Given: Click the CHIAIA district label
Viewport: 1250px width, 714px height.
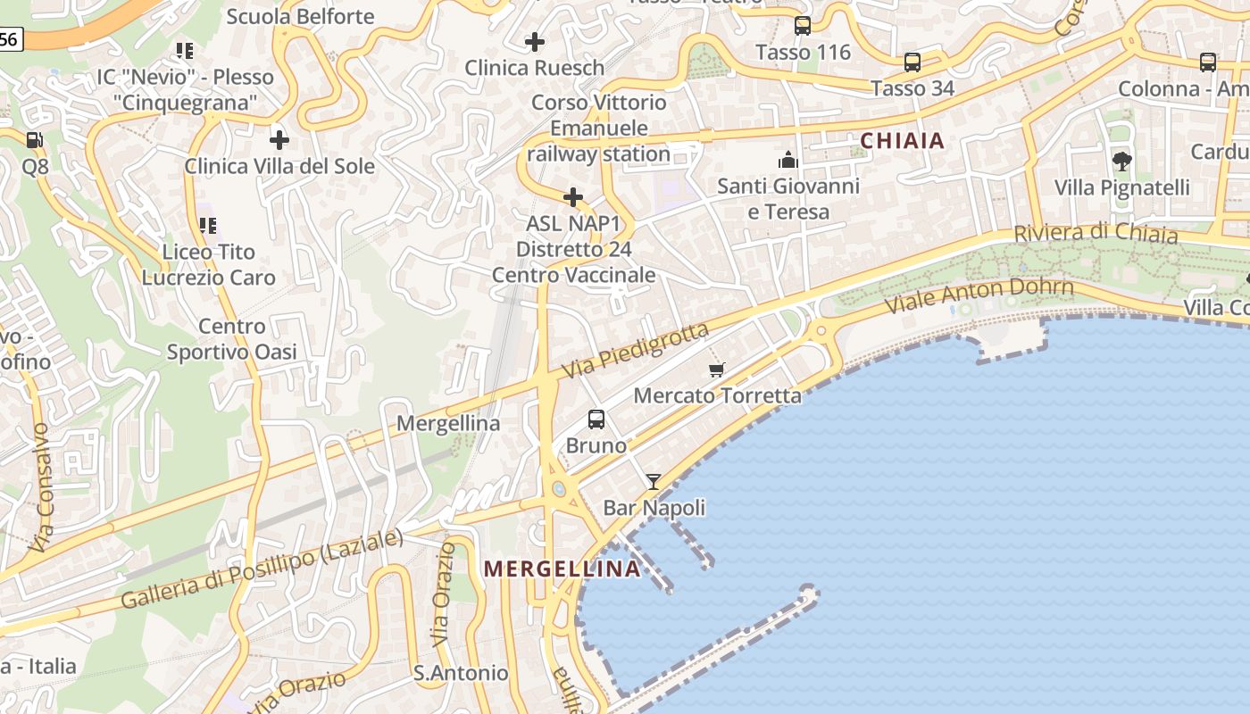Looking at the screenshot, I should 902,140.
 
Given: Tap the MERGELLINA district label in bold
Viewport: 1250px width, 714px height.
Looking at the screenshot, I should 562,569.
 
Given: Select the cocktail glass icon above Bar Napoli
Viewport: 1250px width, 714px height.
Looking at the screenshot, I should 654,482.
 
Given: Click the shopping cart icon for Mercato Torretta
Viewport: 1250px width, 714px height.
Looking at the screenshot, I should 716,369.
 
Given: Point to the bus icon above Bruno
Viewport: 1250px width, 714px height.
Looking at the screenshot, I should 596,419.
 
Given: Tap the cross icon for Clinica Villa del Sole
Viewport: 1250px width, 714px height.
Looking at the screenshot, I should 279,140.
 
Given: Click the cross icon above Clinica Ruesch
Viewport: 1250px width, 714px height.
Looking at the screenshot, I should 535,42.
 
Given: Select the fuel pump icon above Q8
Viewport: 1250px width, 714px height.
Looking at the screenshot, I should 34,139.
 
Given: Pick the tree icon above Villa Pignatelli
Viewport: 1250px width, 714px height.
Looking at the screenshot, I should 1122,162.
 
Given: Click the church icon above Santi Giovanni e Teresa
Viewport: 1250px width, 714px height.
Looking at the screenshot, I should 788,160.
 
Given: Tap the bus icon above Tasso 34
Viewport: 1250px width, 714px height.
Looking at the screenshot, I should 912,62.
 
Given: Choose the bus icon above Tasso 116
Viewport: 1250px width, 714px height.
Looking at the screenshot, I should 803,26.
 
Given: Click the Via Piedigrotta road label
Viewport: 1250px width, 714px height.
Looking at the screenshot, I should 636,349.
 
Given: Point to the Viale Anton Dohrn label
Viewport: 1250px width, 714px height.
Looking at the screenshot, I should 979,295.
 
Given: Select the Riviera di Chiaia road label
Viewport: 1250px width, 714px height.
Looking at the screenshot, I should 1096,233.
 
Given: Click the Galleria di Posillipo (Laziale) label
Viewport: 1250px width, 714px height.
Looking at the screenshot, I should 262,569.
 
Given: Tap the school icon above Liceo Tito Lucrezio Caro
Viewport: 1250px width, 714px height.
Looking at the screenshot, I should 208,226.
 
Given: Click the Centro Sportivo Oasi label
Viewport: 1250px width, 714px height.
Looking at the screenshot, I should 232,339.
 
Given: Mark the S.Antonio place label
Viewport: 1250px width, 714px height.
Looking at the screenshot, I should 461,673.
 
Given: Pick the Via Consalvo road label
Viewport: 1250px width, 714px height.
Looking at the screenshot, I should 41,487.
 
